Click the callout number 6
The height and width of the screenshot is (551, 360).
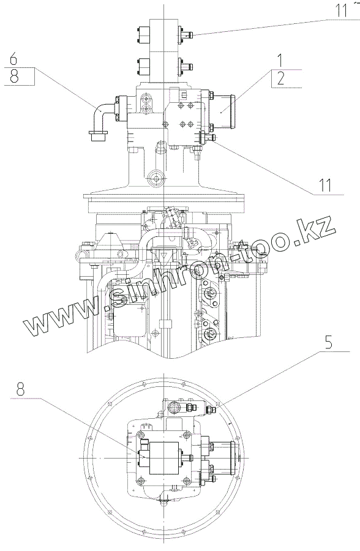pos(13,59)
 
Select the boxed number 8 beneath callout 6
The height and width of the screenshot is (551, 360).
pos(14,76)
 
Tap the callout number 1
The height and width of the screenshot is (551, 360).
pos(280,60)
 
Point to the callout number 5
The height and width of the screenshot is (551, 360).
pos(329,342)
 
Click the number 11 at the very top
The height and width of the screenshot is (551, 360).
pos(340,10)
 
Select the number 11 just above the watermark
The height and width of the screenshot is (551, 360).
pos(325,185)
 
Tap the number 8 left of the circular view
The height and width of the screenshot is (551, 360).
pos(21,389)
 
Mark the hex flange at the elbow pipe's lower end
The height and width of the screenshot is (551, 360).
pos(99,136)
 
